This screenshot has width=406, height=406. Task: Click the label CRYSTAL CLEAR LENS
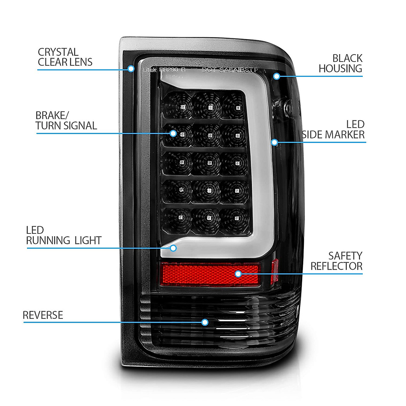[x=65, y=57]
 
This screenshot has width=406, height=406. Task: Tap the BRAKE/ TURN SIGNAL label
[x=66, y=121]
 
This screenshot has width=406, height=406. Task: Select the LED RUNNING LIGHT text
[x=64, y=235]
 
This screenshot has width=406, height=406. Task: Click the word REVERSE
[x=43, y=315]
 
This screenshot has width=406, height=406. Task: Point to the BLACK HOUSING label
[x=340, y=63]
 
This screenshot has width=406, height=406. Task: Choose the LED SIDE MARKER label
[x=333, y=130]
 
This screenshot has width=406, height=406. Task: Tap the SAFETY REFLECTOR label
[x=336, y=261]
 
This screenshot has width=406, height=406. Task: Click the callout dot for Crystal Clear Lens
[x=131, y=69]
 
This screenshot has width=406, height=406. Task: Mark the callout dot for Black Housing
[x=276, y=76]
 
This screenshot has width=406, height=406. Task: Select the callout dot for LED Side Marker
[x=274, y=142]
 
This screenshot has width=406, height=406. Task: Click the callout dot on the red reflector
[x=238, y=274]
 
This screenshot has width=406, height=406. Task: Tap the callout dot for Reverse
[x=205, y=322]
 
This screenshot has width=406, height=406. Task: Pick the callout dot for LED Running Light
[x=173, y=248]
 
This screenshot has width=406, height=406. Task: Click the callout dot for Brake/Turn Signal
[x=173, y=133]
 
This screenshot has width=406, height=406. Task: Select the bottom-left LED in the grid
[x=180, y=217]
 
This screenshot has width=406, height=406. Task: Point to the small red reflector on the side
[x=274, y=271]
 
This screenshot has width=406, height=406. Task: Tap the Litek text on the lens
[x=150, y=70]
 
